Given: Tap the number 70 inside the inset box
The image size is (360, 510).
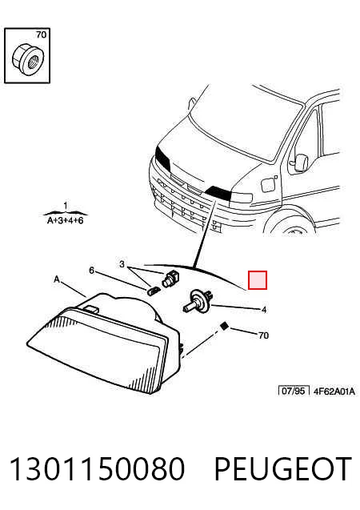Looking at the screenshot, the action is tap(42, 34).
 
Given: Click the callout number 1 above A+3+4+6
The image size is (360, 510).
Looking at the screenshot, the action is tap(66, 206).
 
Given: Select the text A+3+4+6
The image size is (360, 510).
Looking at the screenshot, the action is tap(66, 221).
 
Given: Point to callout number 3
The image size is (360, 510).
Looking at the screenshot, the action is tap(122, 264).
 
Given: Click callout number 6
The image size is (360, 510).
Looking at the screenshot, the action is tap(92, 271).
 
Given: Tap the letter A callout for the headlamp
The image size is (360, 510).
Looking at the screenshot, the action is tap(57, 279).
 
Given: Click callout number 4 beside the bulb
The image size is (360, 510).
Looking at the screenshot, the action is tap(264, 310).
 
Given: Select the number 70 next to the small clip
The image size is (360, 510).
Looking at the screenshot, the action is tap(263, 335).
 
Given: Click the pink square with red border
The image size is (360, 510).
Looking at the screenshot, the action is tap(258, 280).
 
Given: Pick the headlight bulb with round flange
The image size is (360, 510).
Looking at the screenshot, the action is tap(198, 301).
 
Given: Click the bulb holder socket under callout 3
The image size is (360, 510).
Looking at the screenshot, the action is tap(170, 279).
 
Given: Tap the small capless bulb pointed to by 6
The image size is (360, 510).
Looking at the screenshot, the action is tap(154, 290).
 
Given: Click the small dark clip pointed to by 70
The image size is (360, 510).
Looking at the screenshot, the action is tap(223, 326).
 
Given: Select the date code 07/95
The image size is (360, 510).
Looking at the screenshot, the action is tap(293, 391).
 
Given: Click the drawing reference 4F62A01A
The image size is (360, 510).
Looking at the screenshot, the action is tap(334, 392).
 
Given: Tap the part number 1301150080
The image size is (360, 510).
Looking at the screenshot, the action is tap(97, 469).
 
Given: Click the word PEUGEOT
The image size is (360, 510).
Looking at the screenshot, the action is tap(283, 469).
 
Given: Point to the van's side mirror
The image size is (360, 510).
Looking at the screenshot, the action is tap(301, 163).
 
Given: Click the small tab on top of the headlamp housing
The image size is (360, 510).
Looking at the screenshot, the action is tap(91, 309).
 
